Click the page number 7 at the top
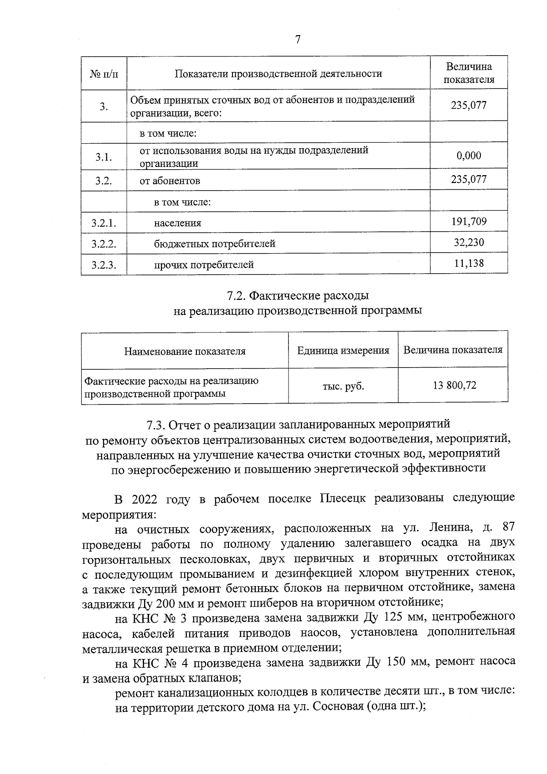(298, 40)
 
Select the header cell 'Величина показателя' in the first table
(469, 73)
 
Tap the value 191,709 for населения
(469, 222)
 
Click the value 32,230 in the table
(469, 242)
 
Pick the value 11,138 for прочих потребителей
(469, 263)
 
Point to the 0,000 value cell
(469, 156)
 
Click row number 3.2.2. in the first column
(104, 244)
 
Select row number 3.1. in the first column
(104, 157)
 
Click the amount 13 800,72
(454, 385)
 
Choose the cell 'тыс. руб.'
(343, 386)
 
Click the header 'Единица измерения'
(343, 350)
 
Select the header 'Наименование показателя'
(185, 351)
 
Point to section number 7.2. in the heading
(237, 296)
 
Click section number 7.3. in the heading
(156, 425)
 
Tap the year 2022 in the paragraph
(144, 499)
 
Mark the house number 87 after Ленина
(508, 527)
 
